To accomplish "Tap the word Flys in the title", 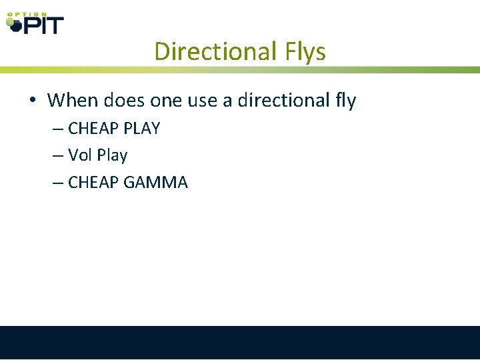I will pyautogui.click(x=301, y=51).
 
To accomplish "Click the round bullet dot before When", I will pyautogui.click(x=32, y=101).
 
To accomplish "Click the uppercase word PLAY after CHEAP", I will pyautogui.click(x=142, y=129).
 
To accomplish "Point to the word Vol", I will pyautogui.click(x=81, y=155).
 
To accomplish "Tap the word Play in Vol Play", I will pyautogui.click(x=112, y=156).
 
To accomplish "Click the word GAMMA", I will pyautogui.click(x=156, y=182).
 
